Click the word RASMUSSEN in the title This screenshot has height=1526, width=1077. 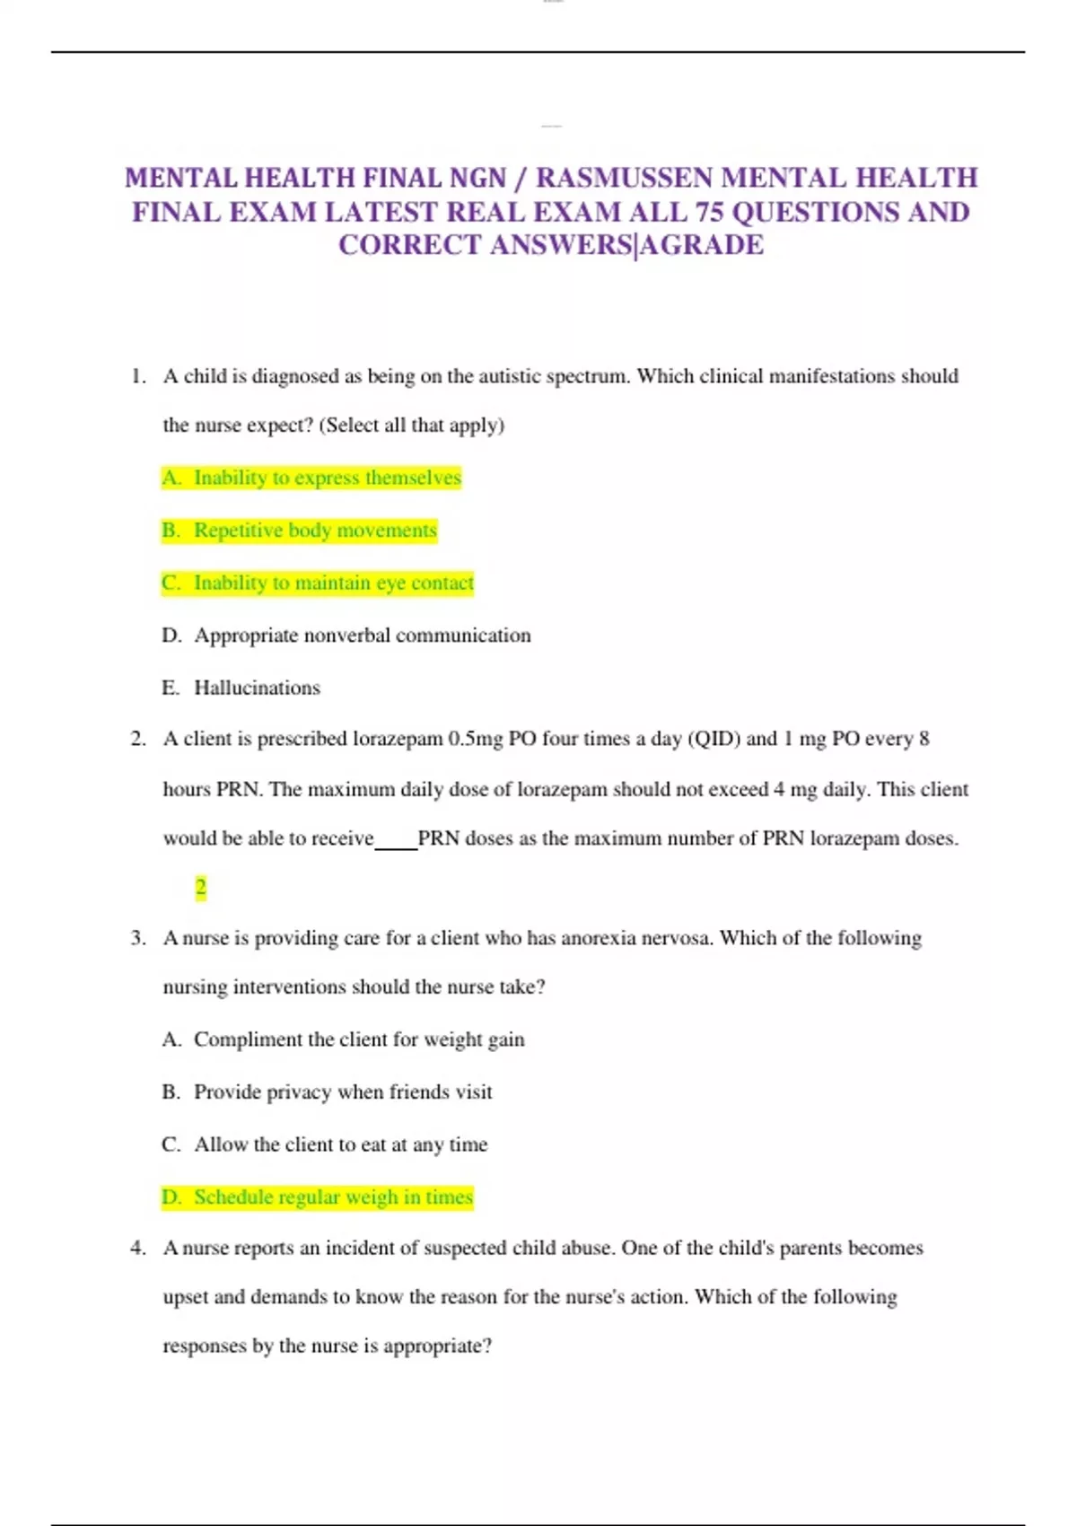(x=626, y=178)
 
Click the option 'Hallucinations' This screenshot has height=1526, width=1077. (x=257, y=688)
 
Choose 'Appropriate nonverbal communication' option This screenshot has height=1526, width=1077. (x=362, y=636)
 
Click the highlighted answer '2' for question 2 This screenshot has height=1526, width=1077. (x=200, y=888)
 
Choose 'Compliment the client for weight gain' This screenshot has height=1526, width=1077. (x=359, y=1039)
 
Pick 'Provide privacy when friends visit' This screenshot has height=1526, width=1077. (x=343, y=1092)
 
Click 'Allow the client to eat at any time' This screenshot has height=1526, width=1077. (x=340, y=1144)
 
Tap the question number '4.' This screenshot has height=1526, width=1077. (x=138, y=1248)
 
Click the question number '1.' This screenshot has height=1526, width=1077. (x=138, y=376)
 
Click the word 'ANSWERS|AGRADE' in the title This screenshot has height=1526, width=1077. (x=626, y=245)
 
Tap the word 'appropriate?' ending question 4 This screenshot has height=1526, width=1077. (x=437, y=1346)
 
